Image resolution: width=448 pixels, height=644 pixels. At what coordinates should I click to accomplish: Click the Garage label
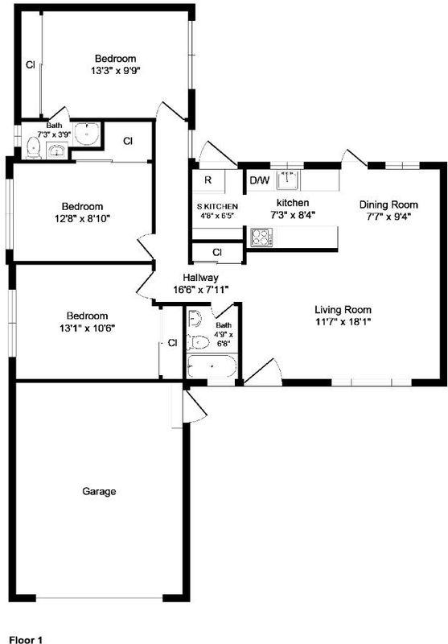pyautogui.click(x=99, y=491)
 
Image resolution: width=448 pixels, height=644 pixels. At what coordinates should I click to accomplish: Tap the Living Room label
pyautogui.click(x=343, y=310)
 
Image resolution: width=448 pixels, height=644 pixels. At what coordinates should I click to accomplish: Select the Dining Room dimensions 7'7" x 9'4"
pyautogui.click(x=388, y=216)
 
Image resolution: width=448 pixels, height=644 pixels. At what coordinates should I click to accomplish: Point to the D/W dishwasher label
pyautogui.click(x=260, y=180)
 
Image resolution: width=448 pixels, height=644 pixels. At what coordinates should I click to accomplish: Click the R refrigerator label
pyautogui.click(x=208, y=180)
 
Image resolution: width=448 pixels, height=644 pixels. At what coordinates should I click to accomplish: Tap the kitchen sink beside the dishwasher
pyautogui.click(x=289, y=180)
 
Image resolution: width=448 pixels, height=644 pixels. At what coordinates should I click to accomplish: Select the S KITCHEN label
pyautogui.click(x=217, y=206)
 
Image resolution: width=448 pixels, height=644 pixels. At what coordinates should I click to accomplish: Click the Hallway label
pyautogui.click(x=200, y=278)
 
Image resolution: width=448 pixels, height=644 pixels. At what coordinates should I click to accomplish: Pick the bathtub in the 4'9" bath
pyautogui.click(x=212, y=366)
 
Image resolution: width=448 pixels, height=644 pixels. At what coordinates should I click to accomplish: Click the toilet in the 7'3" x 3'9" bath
pyautogui.click(x=33, y=148)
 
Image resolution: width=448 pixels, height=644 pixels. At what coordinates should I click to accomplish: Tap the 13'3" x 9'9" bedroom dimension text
pyautogui.click(x=116, y=71)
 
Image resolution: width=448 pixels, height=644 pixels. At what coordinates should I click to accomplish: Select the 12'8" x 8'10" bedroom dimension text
pyautogui.click(x=83, y=218)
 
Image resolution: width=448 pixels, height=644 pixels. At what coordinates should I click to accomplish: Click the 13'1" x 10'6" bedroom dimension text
pyautogui.click(x=87, y=328)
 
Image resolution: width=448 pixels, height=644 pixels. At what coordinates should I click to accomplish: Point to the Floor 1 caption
pyautogui.click(x=26, y=639)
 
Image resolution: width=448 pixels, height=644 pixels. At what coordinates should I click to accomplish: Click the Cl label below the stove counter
pyautogui.click(x=217, y=252)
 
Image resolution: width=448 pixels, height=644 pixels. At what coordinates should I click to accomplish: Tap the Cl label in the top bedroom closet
pyautogui.click(x=31, y=65)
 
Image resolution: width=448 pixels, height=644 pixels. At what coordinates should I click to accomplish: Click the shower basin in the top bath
pyautogui.click(x=87, y=134)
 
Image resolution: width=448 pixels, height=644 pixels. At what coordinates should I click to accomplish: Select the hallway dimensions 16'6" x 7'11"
pyautogui.click(x=200, y=290)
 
